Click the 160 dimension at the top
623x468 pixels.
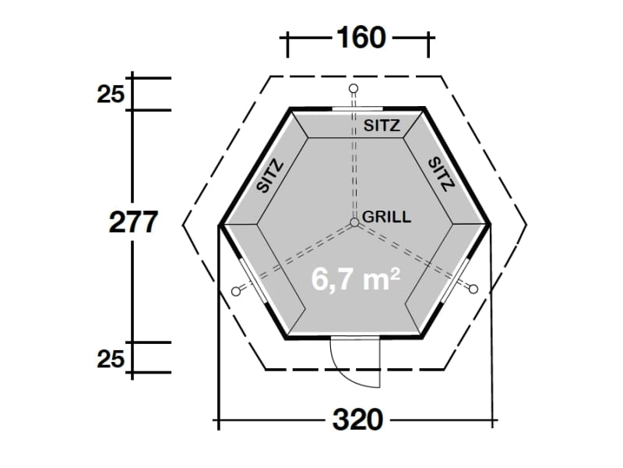point(359,37)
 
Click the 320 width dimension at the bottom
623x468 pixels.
point(357,421)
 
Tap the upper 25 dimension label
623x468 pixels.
point(111,95)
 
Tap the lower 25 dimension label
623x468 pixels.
point(111,359)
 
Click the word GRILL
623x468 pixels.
point(386,217)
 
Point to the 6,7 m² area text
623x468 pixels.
point(356,278)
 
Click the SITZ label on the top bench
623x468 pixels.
point(382,125)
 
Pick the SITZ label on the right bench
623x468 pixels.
point(441,172)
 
